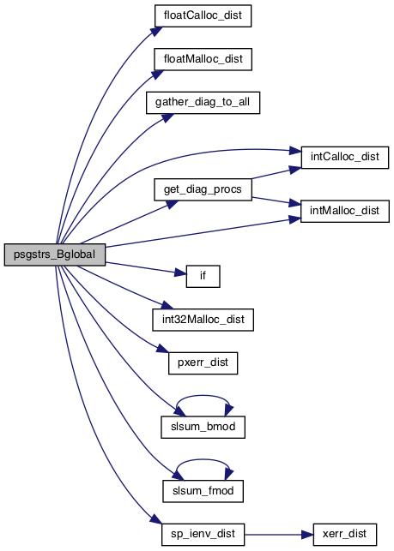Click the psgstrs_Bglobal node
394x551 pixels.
55,255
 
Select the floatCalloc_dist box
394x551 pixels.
203,15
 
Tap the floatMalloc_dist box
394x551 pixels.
203,59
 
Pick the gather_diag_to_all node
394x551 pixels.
203,103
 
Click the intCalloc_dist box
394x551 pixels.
345,157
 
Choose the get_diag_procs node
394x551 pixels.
203,189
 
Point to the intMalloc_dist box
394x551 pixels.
345,211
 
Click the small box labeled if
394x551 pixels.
203,276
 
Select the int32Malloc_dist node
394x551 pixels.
203,320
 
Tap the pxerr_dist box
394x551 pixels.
203,363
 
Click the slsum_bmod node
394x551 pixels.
203,428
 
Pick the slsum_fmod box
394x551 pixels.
203,491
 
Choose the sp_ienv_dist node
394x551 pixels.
203,535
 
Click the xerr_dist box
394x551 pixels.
345,535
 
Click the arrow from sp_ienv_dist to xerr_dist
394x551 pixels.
279,535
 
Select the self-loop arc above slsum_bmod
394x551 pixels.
203,395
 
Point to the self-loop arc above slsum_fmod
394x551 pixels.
203,459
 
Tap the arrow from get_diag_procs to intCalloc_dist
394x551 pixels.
276,173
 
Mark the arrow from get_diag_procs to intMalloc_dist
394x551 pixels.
276,201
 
